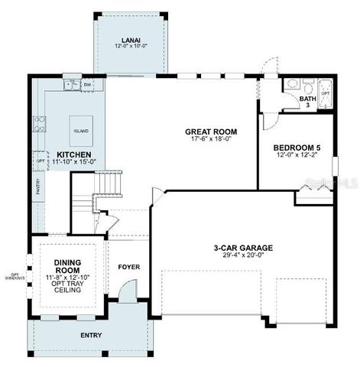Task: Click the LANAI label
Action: click(129, 41)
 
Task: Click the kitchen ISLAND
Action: click(80, 131)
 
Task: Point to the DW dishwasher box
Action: click(88, 84)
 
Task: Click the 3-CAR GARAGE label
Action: click(243, 247)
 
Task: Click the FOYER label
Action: click(128, 267)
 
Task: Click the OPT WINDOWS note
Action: click(13, 276)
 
